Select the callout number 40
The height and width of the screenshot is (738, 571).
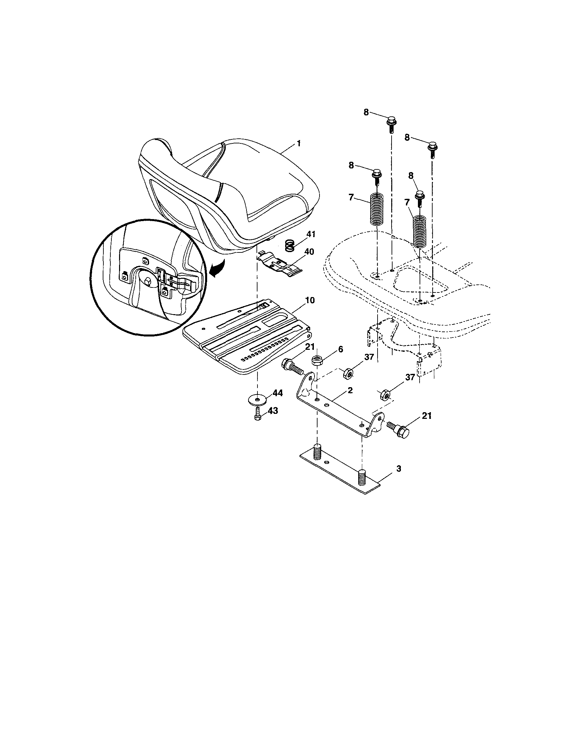point(309,252)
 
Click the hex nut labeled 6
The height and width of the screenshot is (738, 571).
point(317,360)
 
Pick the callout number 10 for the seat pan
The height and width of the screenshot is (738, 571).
point(310,300)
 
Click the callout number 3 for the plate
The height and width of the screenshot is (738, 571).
point(399,469)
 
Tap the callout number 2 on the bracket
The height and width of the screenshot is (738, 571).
point(350,390)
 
